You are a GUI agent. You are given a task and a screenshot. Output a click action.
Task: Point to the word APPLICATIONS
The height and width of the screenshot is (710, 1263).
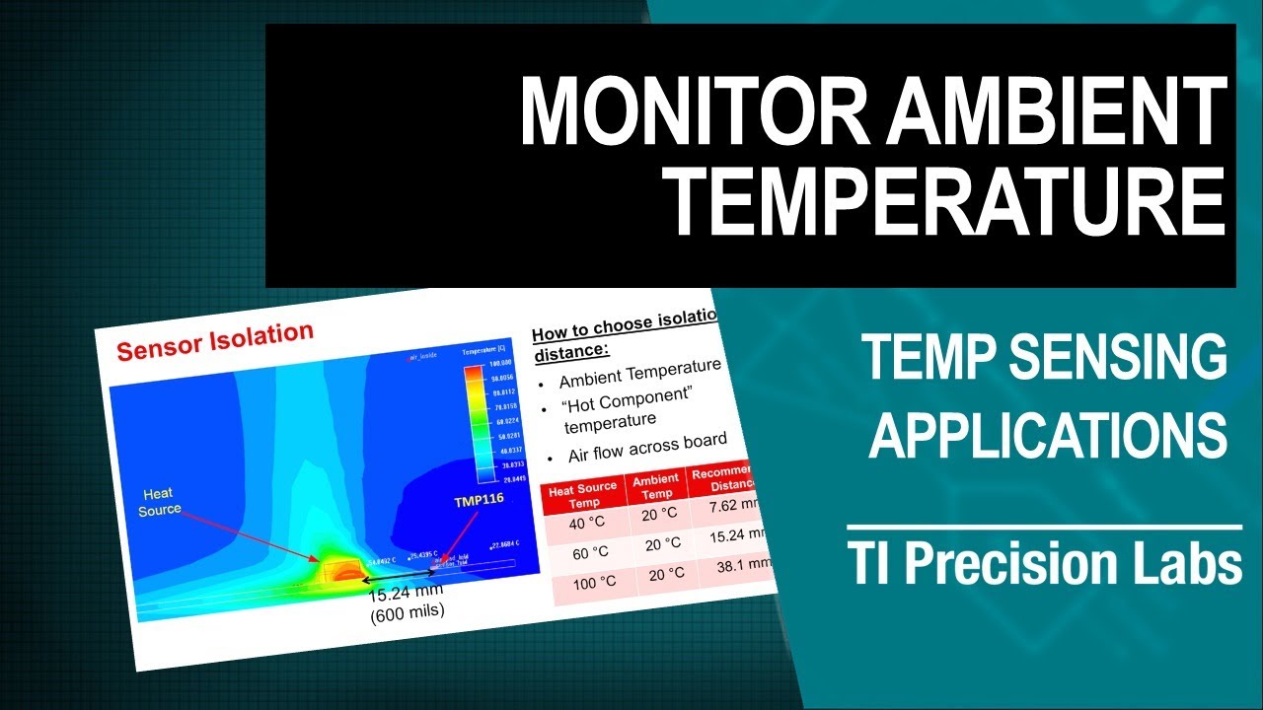click(1048, 434)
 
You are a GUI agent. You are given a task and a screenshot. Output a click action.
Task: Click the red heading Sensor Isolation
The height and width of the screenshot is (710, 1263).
click(215, 341)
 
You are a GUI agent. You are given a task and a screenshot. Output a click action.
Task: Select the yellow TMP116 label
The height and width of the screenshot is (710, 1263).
click(479, 500)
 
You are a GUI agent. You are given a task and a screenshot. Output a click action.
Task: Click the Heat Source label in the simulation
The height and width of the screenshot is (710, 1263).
click(159, 501)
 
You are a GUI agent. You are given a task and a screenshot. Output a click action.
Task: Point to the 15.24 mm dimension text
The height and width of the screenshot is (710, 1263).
click(406, 593)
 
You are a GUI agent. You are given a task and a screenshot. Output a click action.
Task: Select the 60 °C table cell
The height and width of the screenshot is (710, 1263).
click(589, 552)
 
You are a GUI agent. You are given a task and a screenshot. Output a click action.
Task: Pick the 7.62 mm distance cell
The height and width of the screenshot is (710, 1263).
click(735, 508)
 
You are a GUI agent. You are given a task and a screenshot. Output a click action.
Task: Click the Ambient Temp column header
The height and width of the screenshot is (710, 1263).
click(656, 486)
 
